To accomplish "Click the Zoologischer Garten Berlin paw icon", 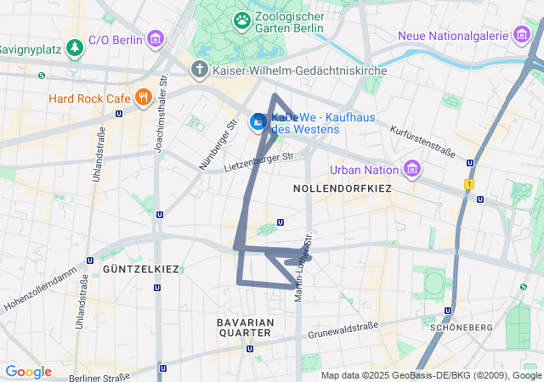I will click(x=242, y=19).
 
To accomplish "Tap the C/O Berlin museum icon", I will click(x=156, y=39).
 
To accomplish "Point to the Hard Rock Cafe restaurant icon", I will click(x=143, y=98).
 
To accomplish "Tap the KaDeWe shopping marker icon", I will click(x=258, y=123).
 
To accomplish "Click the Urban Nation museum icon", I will click(x=413, y=169).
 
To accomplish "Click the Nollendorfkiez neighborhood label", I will click(x=342, y=188).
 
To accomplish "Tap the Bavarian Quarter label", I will click(x=245, y=328).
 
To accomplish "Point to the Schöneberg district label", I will click(x=462, y=327).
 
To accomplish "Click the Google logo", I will click(x=28, y=372).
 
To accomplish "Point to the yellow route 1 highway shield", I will click(x=468, y=184).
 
